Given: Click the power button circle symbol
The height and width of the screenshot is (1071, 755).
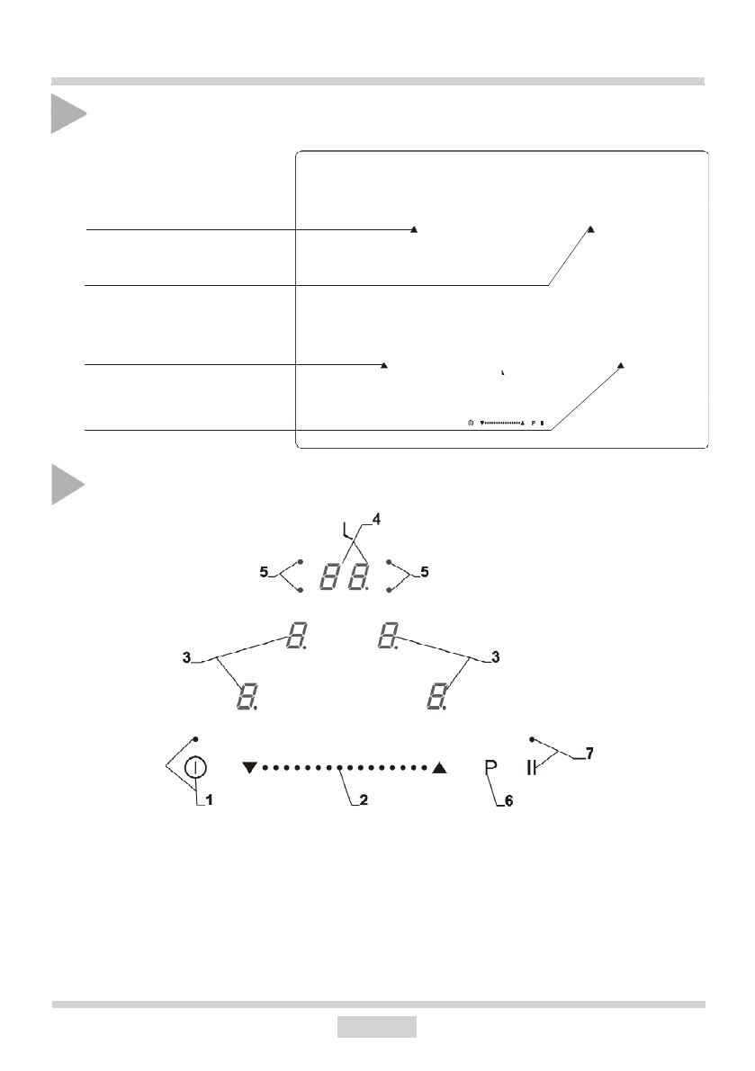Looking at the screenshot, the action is tap(196, 768).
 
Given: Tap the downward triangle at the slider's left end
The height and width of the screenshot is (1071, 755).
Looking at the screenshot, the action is tap(250, 768).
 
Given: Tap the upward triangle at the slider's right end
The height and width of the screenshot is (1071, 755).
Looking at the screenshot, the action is tap(439, 768).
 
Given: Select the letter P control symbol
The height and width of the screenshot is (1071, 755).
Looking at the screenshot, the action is tap(490, 767).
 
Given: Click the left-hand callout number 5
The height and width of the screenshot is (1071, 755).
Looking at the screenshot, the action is tap(263, 571).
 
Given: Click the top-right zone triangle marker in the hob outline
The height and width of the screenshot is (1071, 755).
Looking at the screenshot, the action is tap(591, 229).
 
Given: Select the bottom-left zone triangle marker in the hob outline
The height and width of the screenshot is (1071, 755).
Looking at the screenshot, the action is tap(384, 365).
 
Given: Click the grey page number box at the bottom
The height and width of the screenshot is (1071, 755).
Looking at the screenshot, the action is tap(377, 1026).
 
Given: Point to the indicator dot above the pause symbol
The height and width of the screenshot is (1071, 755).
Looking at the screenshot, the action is tap(533, 738).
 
